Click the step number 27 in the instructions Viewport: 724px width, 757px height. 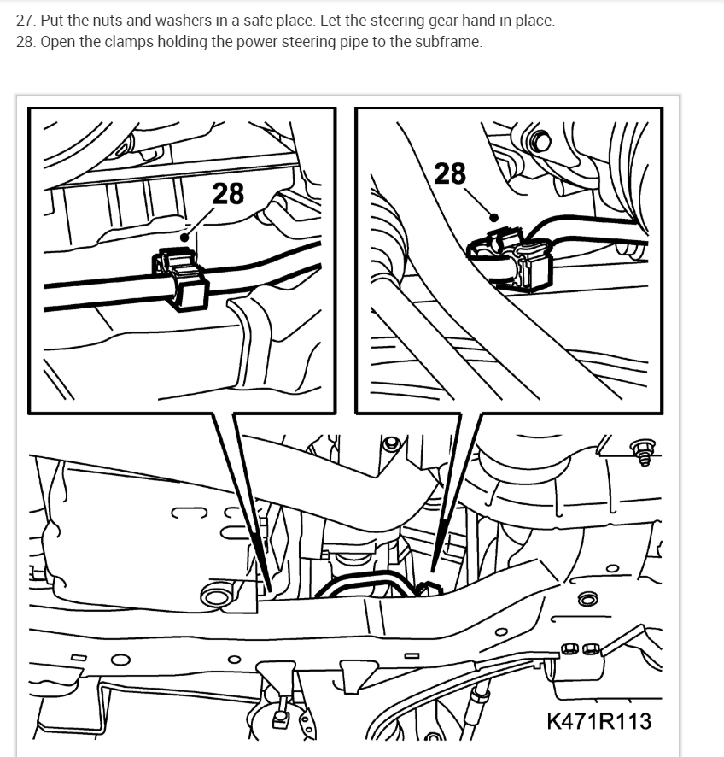25,21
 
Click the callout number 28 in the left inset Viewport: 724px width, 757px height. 227,194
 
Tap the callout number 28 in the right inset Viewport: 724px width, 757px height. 450,173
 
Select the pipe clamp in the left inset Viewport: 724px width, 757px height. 181,275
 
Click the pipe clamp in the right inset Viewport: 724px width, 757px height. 512,256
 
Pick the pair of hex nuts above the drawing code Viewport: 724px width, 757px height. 582,650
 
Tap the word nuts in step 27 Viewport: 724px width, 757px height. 102,21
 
